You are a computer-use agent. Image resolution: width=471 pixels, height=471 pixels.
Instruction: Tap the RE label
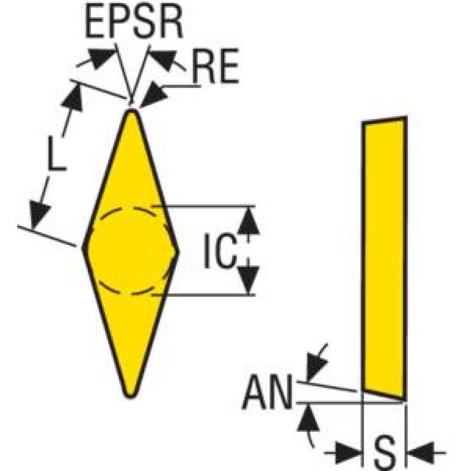216,66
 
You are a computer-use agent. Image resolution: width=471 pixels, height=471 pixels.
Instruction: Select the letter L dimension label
56,154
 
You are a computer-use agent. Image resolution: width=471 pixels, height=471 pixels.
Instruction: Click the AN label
267,392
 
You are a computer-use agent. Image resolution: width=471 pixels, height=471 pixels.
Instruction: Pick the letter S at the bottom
385,454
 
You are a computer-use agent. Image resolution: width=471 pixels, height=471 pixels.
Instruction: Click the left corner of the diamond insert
84,248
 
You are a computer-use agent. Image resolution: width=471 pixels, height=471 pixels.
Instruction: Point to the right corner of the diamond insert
177,252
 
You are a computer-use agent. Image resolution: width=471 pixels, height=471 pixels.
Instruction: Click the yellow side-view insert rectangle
385,259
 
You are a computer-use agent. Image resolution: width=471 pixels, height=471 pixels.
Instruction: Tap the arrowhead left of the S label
348,452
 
